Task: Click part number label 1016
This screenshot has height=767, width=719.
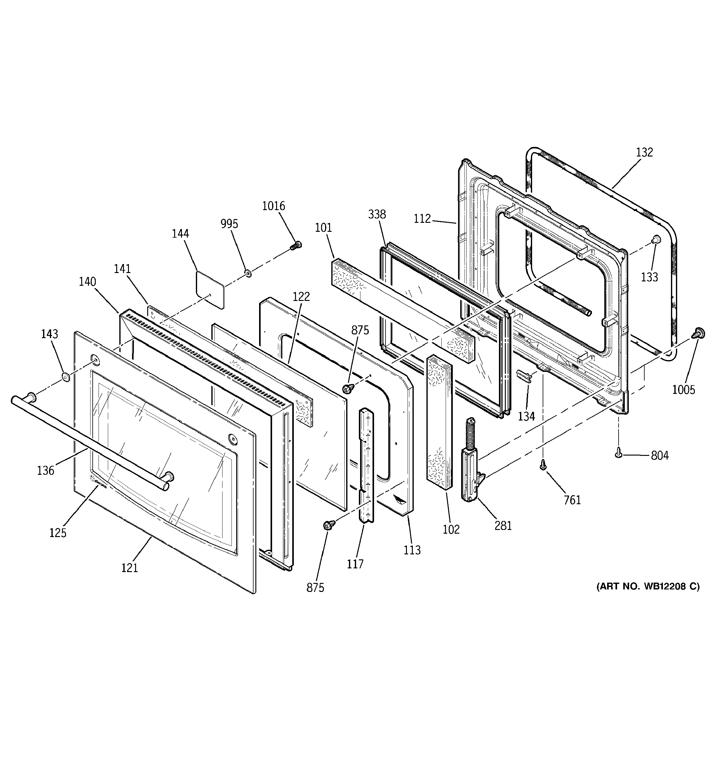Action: (x=274, y=206)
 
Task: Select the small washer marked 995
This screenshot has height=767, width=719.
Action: (x=247, y=274)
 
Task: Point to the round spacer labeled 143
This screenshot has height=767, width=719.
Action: (x=66, y=376)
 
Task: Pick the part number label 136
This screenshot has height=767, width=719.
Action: (x=46, y=470)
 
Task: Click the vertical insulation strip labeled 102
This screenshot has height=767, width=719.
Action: (x=439, y=422)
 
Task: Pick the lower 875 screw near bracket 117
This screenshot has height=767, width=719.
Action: (x=329, y=525)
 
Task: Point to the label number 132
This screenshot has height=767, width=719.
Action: (x=645, y=152)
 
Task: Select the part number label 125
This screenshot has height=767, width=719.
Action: (x=58, y=532)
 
